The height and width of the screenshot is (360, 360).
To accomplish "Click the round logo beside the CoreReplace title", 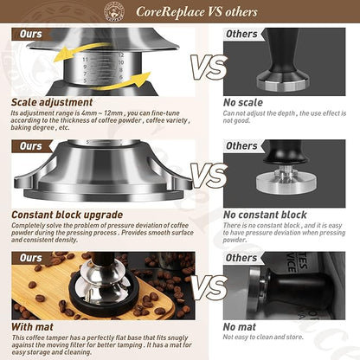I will [x=113, y=11].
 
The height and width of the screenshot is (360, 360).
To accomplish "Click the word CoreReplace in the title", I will [x=167, y=12].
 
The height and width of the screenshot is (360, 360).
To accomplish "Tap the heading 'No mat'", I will [x=241, y=326].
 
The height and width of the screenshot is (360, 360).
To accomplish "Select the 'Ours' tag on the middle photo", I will [x=31, y=146].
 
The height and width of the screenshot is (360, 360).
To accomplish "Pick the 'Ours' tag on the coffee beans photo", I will [x=31, y=258].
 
